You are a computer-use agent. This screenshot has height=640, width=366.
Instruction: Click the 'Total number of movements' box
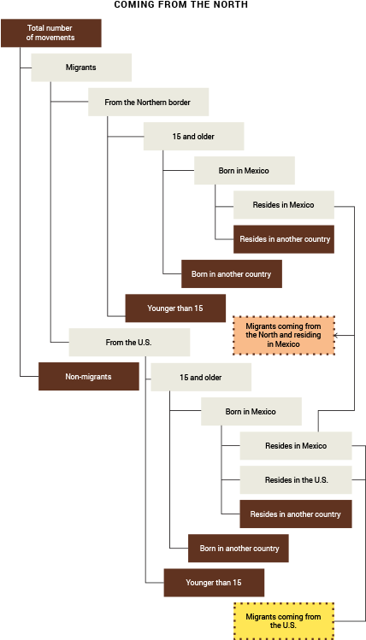click(x=51, y=33)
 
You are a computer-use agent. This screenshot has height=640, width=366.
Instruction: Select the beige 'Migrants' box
click(x=81, y=68)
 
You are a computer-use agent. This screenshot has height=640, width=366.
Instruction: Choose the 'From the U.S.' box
click(x=129, y=343)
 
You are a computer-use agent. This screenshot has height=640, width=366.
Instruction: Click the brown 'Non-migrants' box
click(x=89, y=377)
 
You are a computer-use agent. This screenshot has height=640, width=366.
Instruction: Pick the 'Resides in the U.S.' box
click(x=296, y=480)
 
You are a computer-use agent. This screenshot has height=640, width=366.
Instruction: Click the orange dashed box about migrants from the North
click(x=284, y=335)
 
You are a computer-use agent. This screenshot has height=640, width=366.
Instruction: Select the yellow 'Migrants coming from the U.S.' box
click(x=284, y=620)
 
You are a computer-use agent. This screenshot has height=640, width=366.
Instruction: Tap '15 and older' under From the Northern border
click(x=193, y=137)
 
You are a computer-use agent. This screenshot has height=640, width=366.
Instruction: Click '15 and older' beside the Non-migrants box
click(x=201, y=377)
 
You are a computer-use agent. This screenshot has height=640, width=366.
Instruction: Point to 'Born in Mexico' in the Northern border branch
click(x=244, y=171)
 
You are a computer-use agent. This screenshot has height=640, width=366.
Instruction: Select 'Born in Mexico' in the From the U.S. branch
click(x=251, y=412)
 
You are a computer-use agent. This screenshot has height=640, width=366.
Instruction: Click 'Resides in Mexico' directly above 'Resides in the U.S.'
click(x=296, y=446)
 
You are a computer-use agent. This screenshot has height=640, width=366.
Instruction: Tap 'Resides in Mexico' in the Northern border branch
click(x=283, y=205)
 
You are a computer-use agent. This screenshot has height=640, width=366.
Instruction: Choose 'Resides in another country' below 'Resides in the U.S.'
click(x=296, y=514)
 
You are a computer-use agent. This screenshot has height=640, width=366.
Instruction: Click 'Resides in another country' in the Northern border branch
click(x=284, y=239)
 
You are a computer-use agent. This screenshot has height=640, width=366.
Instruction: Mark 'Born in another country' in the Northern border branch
click(x=231, y=274)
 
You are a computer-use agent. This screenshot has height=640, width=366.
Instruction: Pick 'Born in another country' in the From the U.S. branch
click(x=239, y=549)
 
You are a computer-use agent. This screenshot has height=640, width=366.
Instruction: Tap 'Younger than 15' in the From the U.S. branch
click(x=214, y=583)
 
